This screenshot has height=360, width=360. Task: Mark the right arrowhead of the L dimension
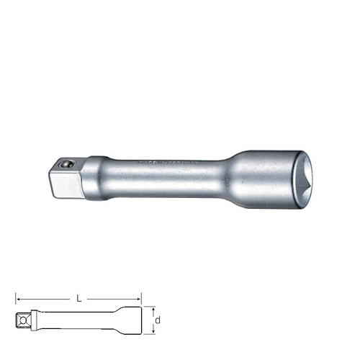point(139,297)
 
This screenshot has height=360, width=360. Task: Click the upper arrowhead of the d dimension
point(154,308)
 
